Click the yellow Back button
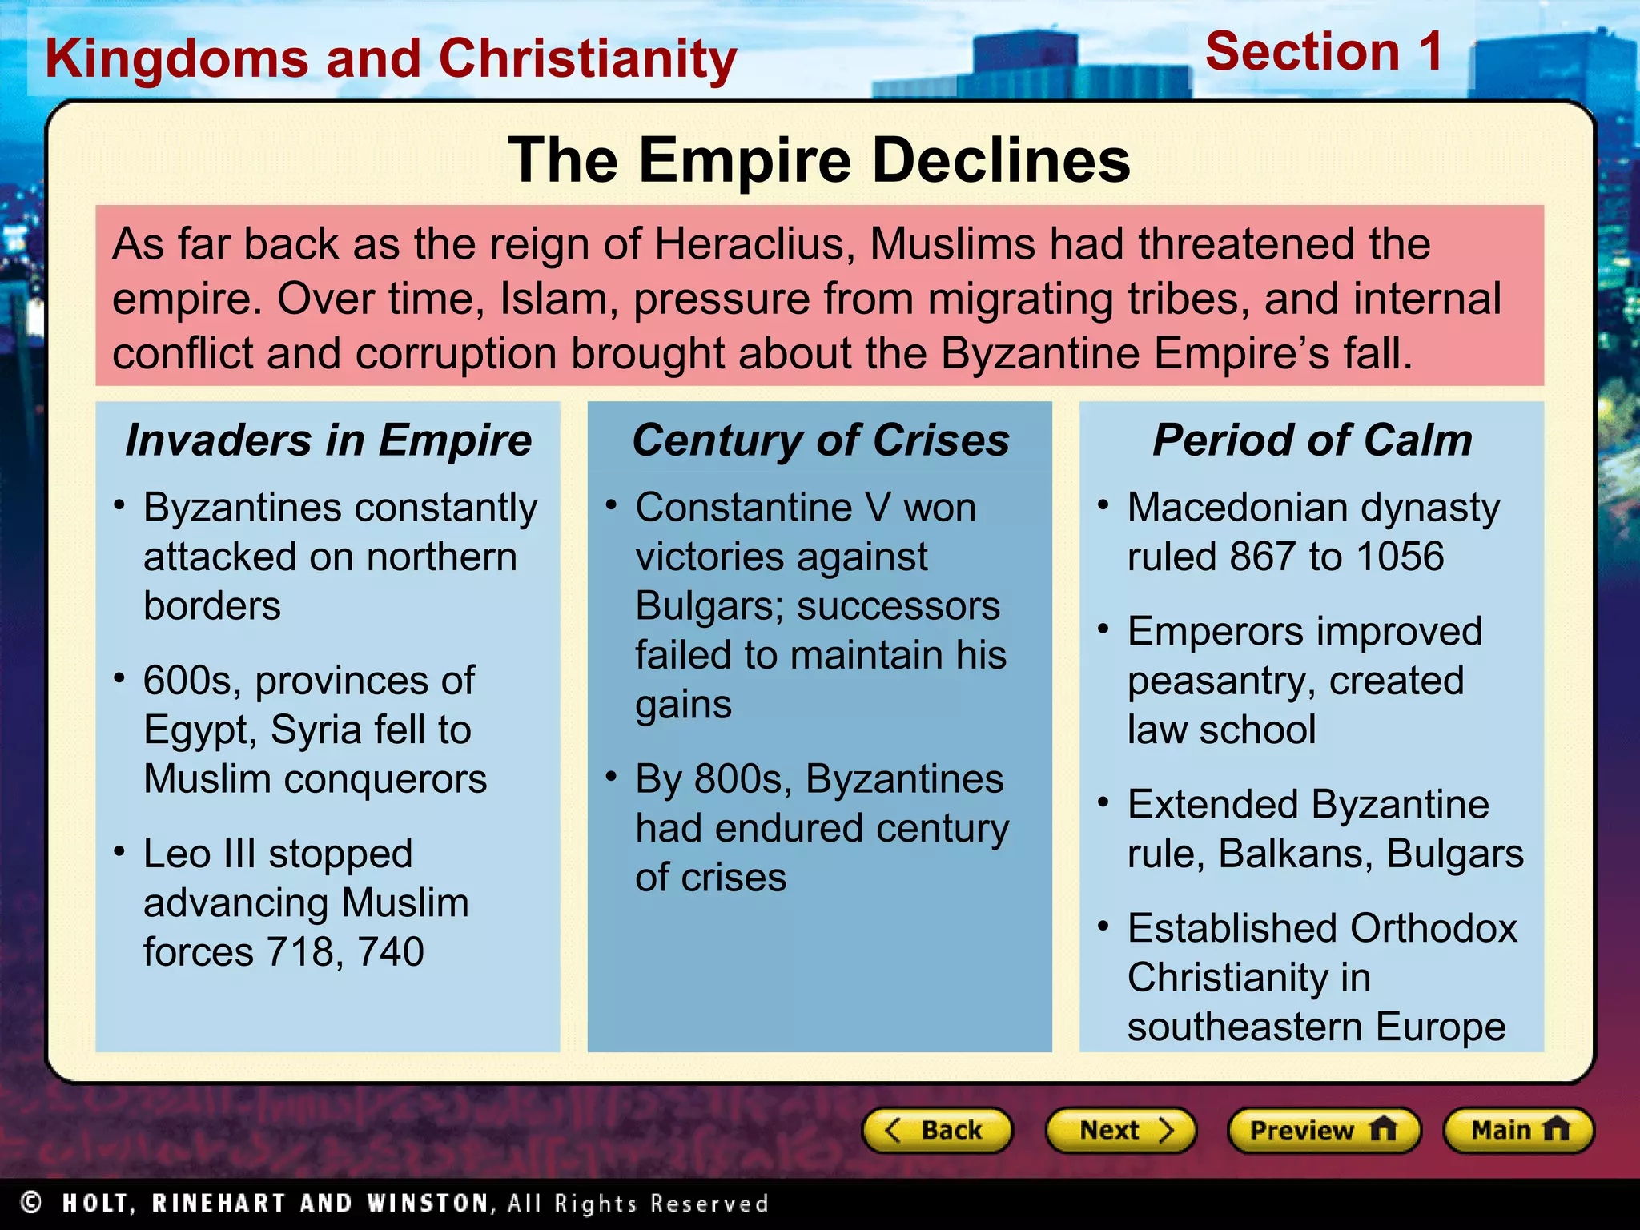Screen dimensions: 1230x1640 (x=937, y=1130)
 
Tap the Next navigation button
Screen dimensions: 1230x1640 (x=1120, y=1130)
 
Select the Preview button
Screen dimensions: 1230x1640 (x=1324, y=1130)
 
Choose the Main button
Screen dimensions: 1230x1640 (x=1518, y=1130)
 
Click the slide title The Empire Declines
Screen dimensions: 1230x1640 (x=819, y=160)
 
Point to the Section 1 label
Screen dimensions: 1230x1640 (x=1324, y=52)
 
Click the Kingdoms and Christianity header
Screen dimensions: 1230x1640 (x=391, y=59)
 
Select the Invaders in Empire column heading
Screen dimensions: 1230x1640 (x=328, y=440)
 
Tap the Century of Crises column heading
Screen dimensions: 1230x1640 (x=821, y=440)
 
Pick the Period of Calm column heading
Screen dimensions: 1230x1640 (x=1312, y=440)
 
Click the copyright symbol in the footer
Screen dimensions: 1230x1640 (x=31, y=1203)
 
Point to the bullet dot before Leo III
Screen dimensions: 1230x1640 (x=119, y=850)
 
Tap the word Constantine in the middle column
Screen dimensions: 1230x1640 (x=744, y=508)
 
